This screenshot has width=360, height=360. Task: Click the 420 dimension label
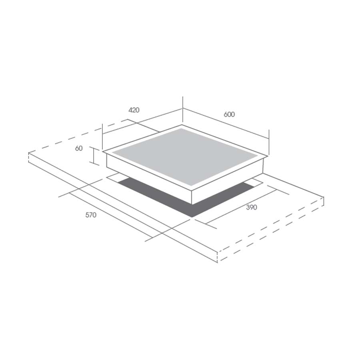134,110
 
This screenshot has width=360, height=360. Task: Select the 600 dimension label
229,114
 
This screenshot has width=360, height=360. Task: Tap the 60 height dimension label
79,148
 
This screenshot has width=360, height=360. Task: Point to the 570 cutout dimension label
91,215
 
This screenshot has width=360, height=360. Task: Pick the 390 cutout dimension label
252,207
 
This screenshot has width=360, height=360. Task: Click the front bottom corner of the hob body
192,204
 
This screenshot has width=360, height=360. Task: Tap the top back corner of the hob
182,125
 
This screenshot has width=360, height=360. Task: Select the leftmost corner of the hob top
103,152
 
